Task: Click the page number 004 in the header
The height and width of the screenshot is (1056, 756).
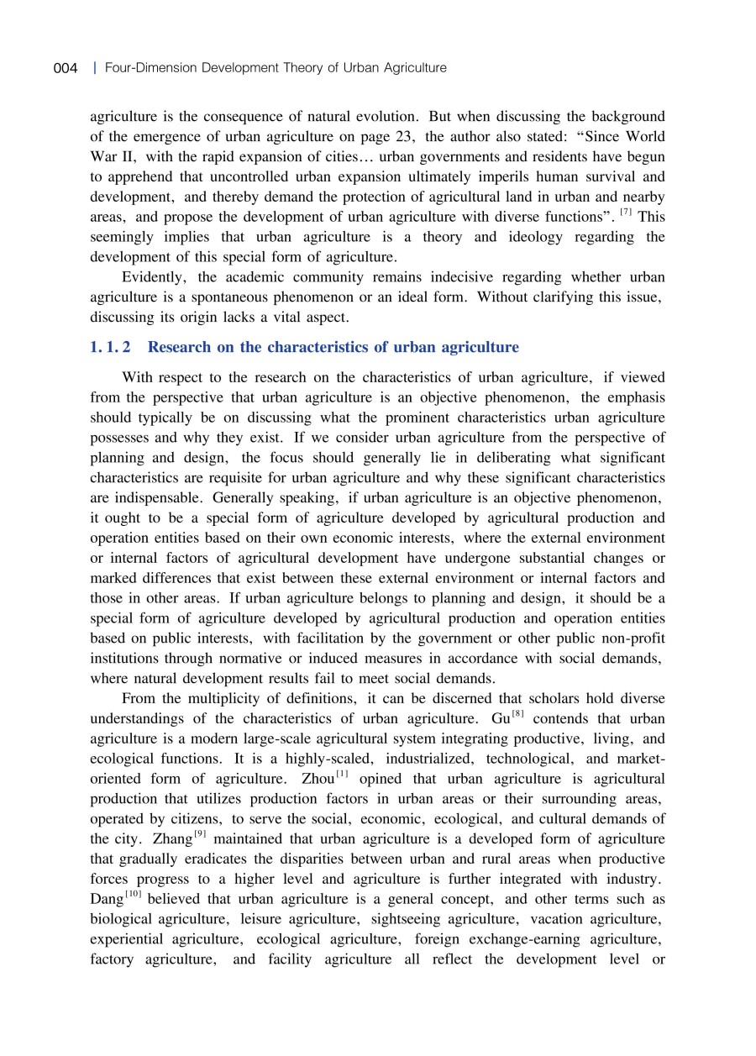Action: [x=66, y=67]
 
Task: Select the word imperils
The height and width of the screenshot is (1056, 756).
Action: [x=500, y=177]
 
